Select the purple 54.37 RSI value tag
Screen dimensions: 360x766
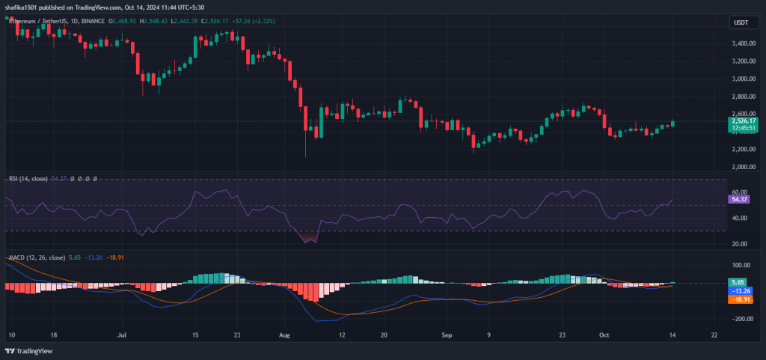tap(738, 201)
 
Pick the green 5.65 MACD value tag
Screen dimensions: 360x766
tap(736, 283)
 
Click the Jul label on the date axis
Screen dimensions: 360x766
tap(121, 335)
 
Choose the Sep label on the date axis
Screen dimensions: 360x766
tap(447, 335)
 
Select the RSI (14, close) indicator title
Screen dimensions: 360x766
tap(28, 179)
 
